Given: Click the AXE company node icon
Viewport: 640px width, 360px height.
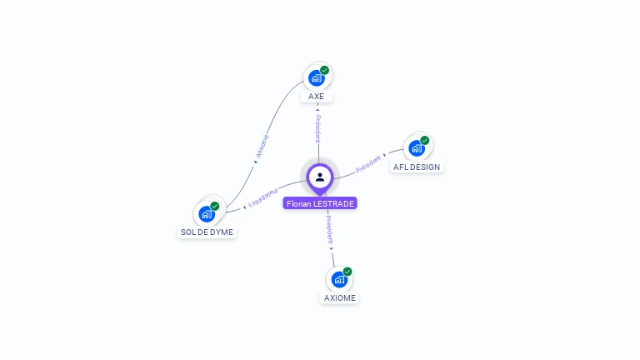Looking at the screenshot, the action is click(x=316, y=77).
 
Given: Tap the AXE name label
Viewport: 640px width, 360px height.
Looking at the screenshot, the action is click(x=317, y=97).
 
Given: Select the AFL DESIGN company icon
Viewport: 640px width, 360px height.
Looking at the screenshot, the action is click(x=415, y=148).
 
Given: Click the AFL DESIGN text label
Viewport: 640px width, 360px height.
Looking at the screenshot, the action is click(x=417, y=167).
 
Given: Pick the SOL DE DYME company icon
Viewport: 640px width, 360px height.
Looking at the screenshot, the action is click(x=207, y=213).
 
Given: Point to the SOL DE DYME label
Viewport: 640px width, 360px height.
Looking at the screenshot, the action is click(x=207, y=232).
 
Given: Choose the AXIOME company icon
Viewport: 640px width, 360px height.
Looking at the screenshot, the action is click(x=339, y=279).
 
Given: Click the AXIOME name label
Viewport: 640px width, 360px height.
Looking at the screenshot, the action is click(x=340, y=298).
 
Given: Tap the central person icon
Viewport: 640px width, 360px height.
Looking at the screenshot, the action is click(x=320, y=177).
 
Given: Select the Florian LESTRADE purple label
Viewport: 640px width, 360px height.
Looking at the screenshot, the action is click(x=320, y=203).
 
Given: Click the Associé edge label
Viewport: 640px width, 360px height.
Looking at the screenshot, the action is click(x=262, y=147).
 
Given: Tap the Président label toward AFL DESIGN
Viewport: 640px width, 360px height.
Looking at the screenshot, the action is click(x=370, y=163).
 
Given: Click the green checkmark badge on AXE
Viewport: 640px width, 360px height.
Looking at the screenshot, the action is click(x=324, y=70).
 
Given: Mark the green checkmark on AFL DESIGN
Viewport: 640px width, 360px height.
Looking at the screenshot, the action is click(x=424, y=141).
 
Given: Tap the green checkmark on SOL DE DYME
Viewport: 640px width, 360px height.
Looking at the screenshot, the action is click(x=215, y=206).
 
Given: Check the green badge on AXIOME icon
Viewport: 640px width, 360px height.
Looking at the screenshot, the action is click(x=347, y=272).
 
